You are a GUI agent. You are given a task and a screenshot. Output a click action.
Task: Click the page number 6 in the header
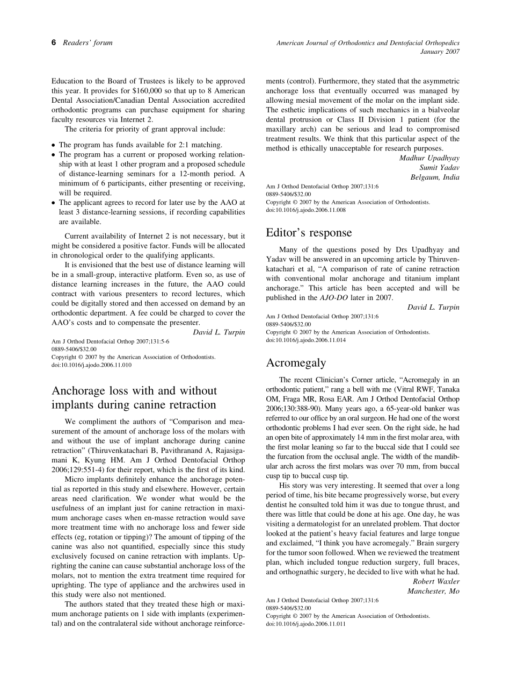[x=54, y=43]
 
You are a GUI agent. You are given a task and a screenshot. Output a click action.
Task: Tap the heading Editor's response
[x=309, y=233]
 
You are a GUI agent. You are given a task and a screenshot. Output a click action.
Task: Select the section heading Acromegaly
[x=296, y=363]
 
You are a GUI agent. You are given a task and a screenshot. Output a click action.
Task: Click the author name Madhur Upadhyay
[x=429, y=158]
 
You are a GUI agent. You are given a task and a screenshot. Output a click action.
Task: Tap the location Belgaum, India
[x=435, y=177]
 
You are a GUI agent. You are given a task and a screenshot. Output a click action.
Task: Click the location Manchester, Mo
[x=433, y=591]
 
